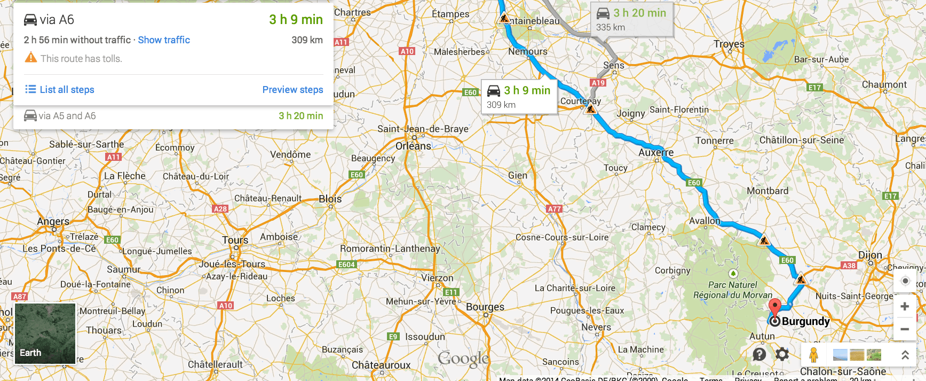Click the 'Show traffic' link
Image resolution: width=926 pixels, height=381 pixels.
[x=164, y=40]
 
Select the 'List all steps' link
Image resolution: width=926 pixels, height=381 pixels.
[x=60, y=90]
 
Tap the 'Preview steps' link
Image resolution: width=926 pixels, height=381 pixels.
[x=292, y=90]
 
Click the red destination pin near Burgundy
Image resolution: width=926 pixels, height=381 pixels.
[x=774, y=308]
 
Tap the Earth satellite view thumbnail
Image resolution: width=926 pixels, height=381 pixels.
[x=45, y=333]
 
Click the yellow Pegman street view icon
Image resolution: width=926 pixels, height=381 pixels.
[x=813, y=354]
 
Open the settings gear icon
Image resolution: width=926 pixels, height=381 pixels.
[x=782, y=354]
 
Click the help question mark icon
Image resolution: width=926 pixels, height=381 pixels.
[x=759, y=354]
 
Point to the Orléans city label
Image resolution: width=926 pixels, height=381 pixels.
[x=413, y=146]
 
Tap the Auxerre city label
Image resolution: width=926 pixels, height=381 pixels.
[x=656, y=152]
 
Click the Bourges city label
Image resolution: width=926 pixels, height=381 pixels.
[x=485, y=307]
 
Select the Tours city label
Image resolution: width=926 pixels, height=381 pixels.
[x=235, y=240]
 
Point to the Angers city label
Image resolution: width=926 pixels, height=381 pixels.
[x=53, y=221]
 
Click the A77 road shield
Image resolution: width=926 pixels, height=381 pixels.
[x=554, y=209]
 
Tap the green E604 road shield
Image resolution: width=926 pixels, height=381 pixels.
[x=346, y=265]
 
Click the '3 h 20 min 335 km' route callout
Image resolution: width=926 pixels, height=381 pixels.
[x=632, y=19]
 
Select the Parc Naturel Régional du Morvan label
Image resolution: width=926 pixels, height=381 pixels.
[x=732, y=290]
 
